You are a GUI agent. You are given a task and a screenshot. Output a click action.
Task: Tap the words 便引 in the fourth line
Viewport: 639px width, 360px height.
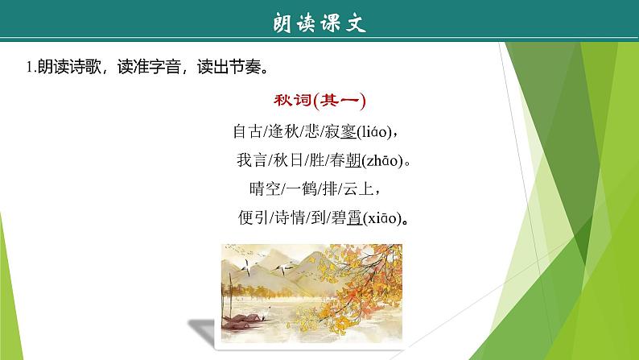tap(245, 218)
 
